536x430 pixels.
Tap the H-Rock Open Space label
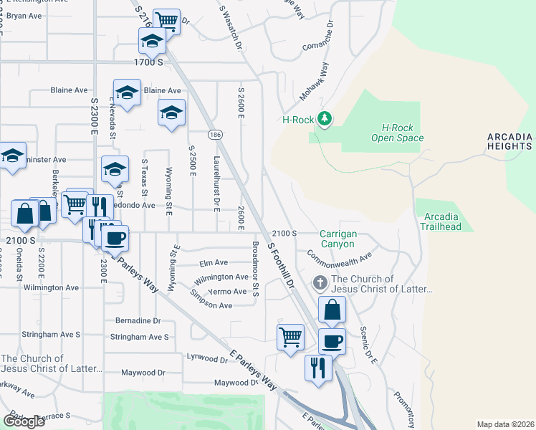pyautogui.click(x=397, y=133)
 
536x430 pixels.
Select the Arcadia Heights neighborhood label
pyautogui.click(x=509, y=141)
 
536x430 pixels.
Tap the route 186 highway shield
pyautogui.click(x=214, y=135)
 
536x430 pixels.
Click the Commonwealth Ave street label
pyautogui.click(x=340, y=255)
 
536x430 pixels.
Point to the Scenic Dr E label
pyautogui.click(x=369, y=346)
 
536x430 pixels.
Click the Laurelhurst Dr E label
pyautogui.click(x=216, y=185)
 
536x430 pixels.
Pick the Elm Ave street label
pyautogui.click(x=214, y=263)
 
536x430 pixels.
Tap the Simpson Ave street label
pyautogui.click(x=211, y=305)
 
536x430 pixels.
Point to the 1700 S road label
pyautogui.click(x=149, y=63)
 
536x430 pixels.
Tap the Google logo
pyautogui.click(x=24, y=421)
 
